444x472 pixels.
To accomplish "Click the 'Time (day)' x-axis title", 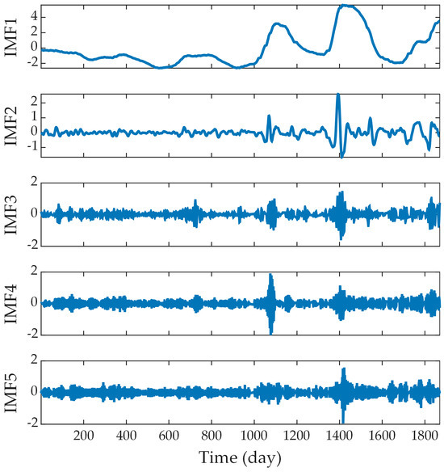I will pos(241,457).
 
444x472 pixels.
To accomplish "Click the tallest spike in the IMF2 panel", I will pos(338,95).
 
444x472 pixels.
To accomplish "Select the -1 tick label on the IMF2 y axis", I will pos(31,146).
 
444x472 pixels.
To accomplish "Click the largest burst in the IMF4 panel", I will pos(270,302).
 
